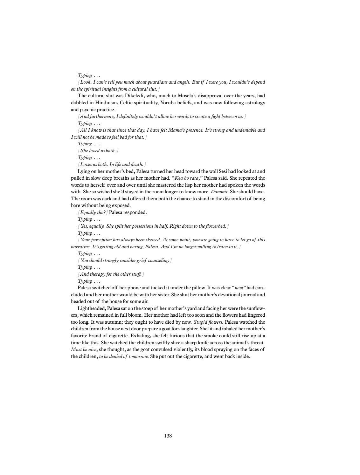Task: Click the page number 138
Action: (x=168, y=436)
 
